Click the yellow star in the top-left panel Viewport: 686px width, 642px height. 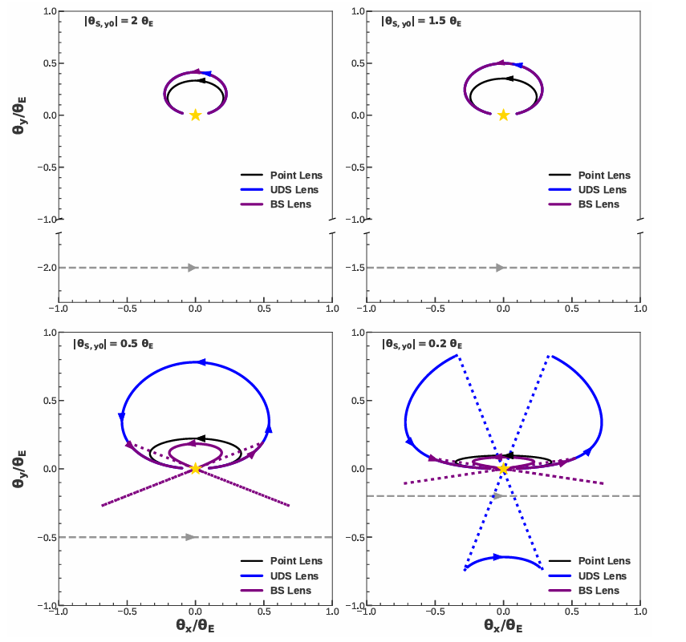(x=195, y=115)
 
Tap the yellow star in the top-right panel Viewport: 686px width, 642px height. (x=503, y=115)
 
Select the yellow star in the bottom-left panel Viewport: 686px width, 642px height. (x=195, y=469)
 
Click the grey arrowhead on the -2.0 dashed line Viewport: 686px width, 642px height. (x=193, y=268)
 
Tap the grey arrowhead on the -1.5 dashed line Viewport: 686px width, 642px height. (x=501, y=268)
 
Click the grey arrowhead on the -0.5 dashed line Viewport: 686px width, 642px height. (x=191, y=537)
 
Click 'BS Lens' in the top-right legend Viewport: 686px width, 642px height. (x=599, y=204)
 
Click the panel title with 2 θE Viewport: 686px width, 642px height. (x=108, y=23)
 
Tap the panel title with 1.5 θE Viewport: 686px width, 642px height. (x=420, y=23)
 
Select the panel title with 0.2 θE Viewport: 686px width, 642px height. (x=420, y=345)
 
